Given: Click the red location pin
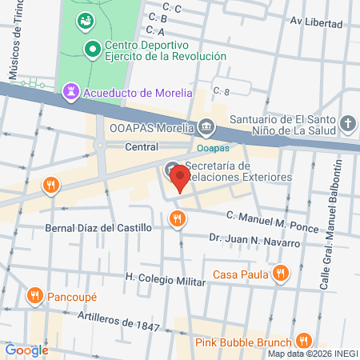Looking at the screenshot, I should [182, 180].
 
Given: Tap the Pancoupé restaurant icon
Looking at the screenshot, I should [34, 297].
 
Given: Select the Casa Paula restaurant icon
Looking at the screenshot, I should [279, 274].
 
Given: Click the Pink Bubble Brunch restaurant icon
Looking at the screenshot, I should [302, 340].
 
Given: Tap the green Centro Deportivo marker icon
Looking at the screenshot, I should [93, 50].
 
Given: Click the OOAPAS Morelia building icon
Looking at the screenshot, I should [207, 126].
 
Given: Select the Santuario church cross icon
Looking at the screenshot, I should [347, 123].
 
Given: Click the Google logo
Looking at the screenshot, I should [26, 350].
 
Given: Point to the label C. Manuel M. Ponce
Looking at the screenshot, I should [272, 220].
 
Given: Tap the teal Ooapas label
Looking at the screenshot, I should [212, 147].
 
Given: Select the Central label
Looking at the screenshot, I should [143, 147].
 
